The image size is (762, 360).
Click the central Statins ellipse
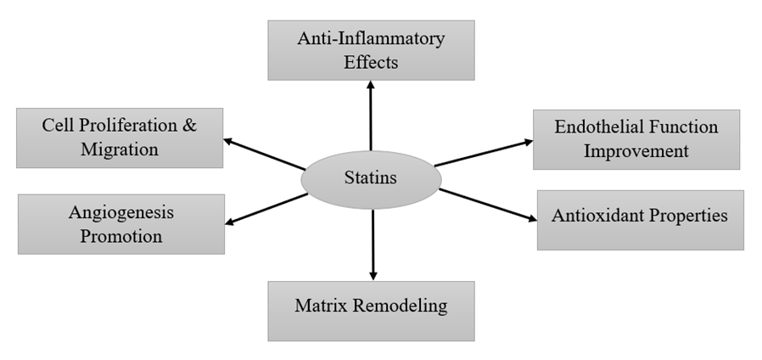pyautogui.click(x=371, y=178)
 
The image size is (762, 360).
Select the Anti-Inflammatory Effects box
pyautogui.click(x=371, y=50)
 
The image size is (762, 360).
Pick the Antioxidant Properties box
pyautogui.click(x=640, y=219)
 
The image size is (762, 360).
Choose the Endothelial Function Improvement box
pyautogui.click(x=636, y=139)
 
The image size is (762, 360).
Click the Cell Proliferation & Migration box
pyautogui.click(x=120, y=138)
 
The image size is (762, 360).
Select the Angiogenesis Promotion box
pyautogui.click(x=120, y=223)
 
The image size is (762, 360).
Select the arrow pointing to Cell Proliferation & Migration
pyautogui.click(x=264, y=153)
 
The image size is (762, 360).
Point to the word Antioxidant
pyautogui.click(x=594, y=216)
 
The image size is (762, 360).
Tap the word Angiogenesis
pyautogui.click(x=121, y=212)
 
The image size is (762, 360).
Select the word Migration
pyautogui.click(x=120, y=150)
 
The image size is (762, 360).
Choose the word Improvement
pyautogui.click(x=636, y=152)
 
